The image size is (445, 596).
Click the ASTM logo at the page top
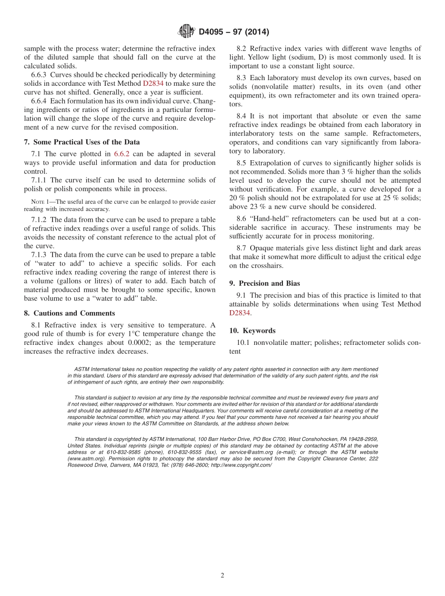(x=186, y=32)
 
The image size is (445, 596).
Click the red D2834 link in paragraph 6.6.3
(x=153, y=83)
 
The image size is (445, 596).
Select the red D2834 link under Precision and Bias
(x=240, y=313)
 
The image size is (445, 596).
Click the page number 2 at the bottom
(x=222, y=575)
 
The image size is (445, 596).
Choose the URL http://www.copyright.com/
(x=241, y=465)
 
